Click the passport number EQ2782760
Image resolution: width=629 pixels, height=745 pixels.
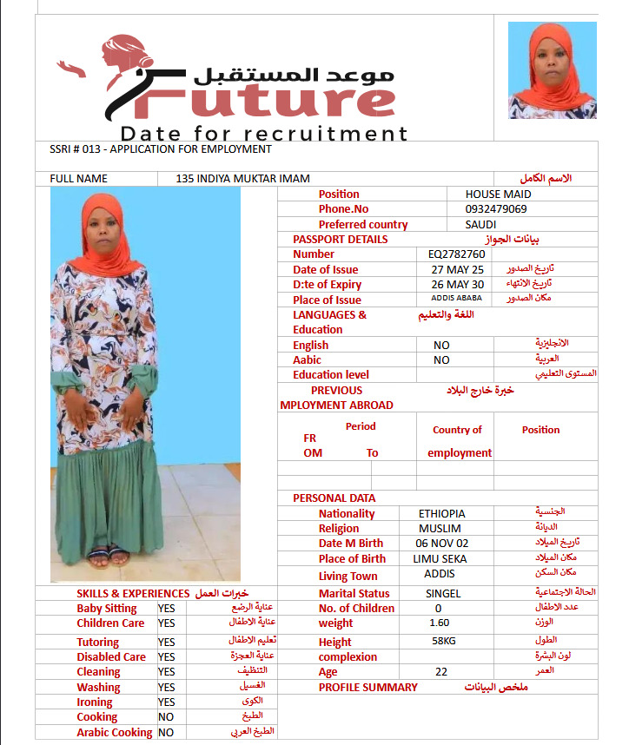coord(456,254)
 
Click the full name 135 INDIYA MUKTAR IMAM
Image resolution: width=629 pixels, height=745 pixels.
coord(242,179)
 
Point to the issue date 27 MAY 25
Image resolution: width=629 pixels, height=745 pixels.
coord(458,270)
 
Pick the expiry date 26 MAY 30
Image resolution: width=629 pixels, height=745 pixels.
coord(458,285)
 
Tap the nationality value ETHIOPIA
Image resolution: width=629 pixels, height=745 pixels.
coord(441,514)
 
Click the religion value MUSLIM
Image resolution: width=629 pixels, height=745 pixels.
coord(440,529)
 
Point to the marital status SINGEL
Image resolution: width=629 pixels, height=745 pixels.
coord(443,594)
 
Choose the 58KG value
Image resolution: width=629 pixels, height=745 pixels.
coord(444,641)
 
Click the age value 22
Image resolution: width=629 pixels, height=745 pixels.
coord(440,672)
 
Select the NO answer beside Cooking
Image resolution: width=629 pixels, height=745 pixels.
coord(166,717)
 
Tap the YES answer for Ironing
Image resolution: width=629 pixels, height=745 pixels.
coord(167,702)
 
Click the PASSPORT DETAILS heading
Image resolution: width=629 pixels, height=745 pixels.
coord(340,240)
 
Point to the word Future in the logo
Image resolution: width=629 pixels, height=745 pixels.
coord(253,102)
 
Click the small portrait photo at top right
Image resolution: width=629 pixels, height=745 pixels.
coord(552,70)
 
